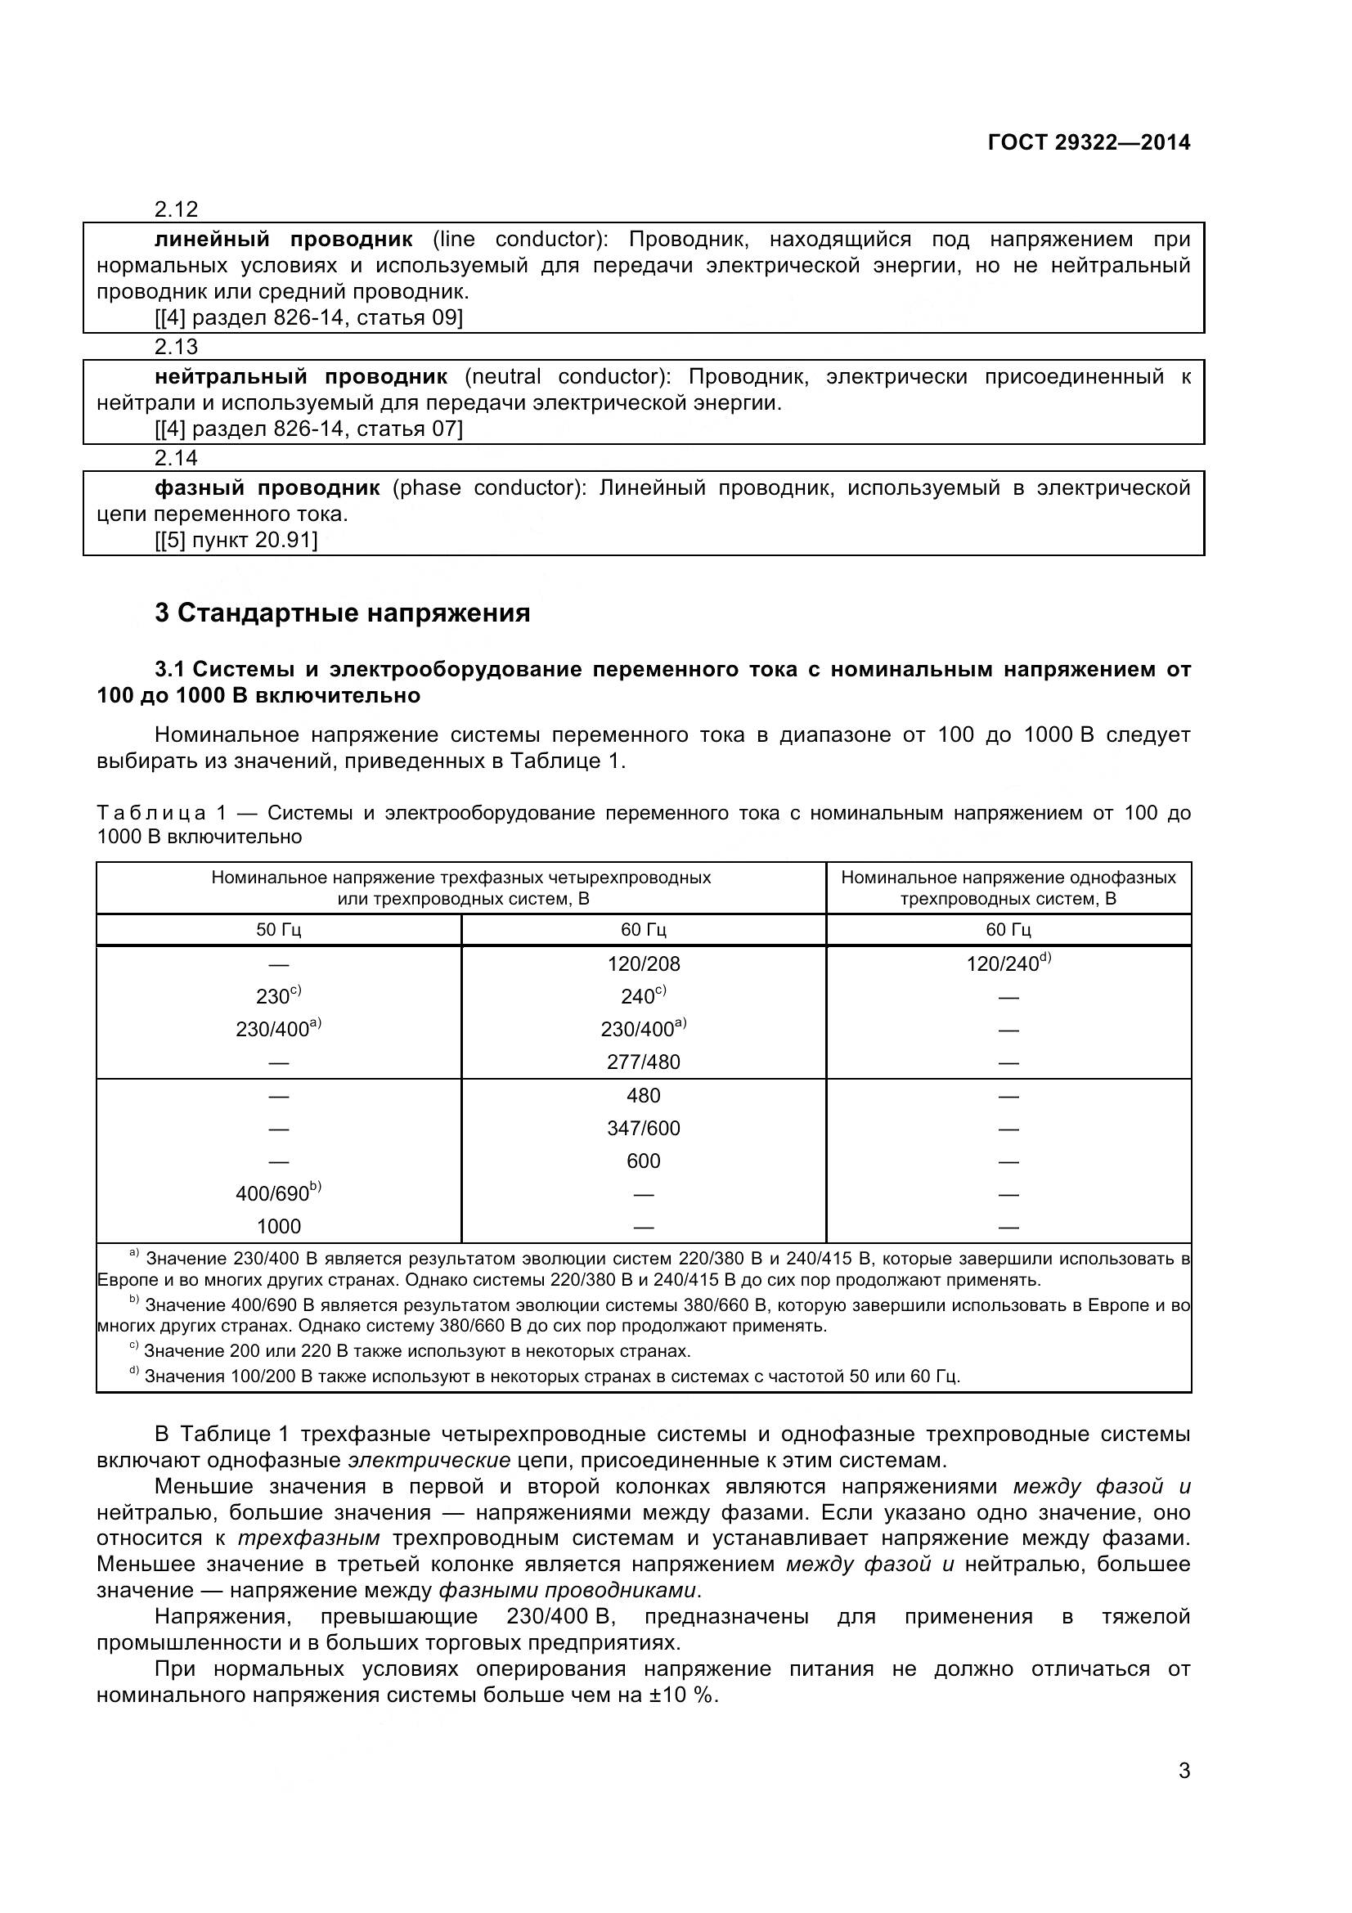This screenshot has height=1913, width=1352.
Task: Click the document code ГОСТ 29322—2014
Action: tap(1088, 142)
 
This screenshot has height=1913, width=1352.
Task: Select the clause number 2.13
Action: tap(177, 347)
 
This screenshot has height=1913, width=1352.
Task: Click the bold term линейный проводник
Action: tap(283, 240)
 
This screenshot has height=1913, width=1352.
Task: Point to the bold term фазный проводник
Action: tap(267, 488)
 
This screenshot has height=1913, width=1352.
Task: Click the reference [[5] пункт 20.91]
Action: tap(236, 541)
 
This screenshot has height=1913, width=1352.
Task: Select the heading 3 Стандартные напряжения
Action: tap(343, 613)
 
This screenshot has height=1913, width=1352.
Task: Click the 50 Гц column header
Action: tap(278, 930)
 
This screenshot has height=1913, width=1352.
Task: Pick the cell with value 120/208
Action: tap(643, 964)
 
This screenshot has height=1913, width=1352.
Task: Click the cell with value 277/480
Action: tap(643, 1062)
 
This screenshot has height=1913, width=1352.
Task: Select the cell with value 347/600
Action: tap(643, 1128)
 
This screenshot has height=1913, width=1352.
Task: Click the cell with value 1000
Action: tap(278, 1227)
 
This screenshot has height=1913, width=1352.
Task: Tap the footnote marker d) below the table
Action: tap(134, 1372)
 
